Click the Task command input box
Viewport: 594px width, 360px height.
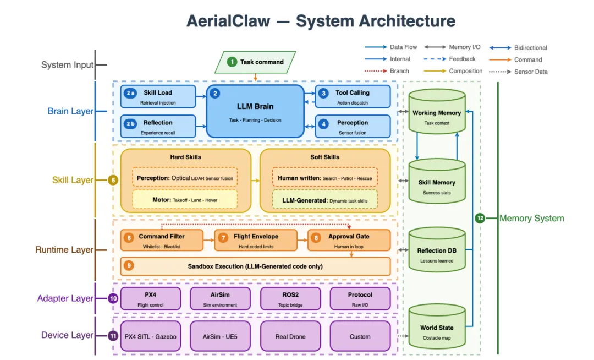(x=255, y=62)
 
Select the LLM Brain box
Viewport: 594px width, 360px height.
(x=255, y=111)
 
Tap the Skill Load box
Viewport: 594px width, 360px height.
(x=158, y=96)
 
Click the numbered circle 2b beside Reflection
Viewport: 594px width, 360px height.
(x=130, y=123)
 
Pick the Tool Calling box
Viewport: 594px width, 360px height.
(x=353, y=96)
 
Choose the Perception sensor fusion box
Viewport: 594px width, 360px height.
(x=353, y=126)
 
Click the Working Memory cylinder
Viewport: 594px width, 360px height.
(x=437, y=114)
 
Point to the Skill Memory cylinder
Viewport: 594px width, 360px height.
(x=437, y=183)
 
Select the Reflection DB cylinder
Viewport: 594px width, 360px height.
(x=437, y=252)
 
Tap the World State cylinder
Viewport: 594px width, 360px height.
(x=437, y=329)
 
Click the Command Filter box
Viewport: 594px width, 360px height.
(x=162, y=240)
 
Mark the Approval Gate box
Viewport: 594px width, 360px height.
(x=349, y=240)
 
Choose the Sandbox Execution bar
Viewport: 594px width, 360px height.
(x=255, y=266)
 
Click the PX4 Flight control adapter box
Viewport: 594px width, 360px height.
(x=150, y=298)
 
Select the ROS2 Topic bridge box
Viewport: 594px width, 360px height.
(x=290, y=298)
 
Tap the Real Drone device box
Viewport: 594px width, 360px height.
(x=290, y=336)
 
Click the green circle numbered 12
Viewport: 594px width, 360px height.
(x=480, y=218)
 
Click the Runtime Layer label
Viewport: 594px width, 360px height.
(x=64, y=250)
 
